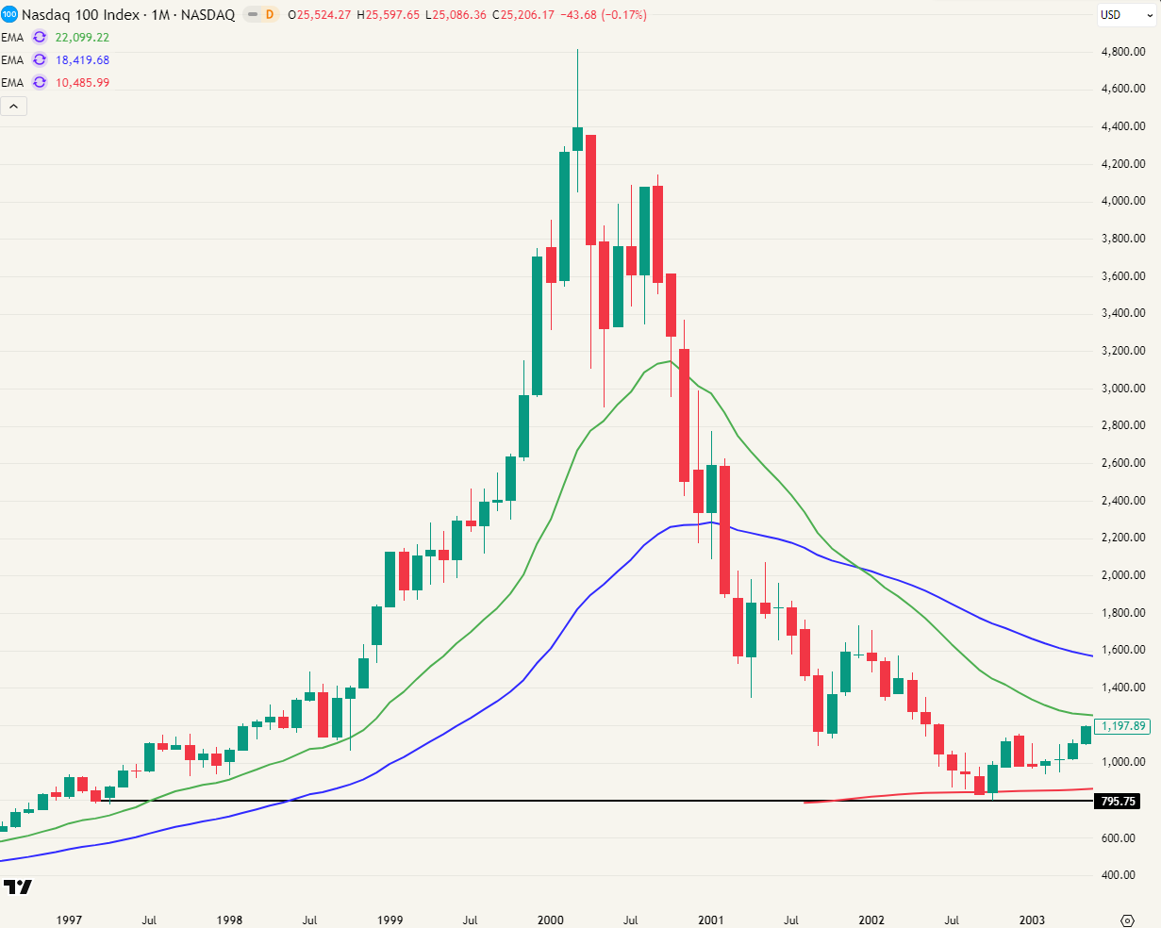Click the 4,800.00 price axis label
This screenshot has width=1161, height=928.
point(1122,52)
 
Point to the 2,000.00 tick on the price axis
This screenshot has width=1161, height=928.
point(1122,575)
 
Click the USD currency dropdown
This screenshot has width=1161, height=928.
point(1126,15)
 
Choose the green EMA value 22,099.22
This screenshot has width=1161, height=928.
point(83,38)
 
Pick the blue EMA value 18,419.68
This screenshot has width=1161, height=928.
point(83,60)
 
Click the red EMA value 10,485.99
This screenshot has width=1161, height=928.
point(83,83)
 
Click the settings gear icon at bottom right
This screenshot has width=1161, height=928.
point(1126,920)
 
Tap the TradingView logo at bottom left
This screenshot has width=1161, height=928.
point(18,887)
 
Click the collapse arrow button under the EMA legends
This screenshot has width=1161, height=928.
point(14,106)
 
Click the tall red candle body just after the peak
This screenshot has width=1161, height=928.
point(590,190)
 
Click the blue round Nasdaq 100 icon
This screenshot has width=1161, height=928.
point(9,15)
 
